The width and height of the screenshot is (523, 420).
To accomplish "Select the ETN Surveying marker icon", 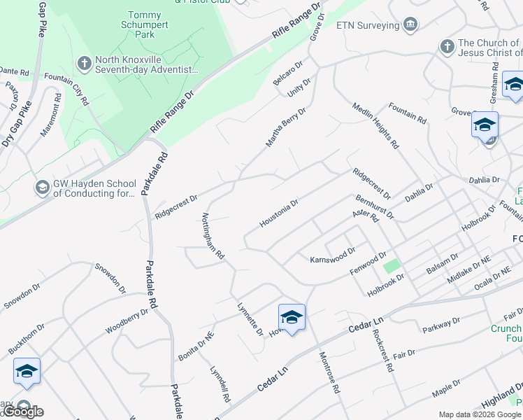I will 410,25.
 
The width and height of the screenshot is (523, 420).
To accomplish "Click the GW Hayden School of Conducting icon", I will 42,188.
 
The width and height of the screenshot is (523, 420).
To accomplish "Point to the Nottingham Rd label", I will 213,237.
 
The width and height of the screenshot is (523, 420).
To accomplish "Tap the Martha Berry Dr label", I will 285,127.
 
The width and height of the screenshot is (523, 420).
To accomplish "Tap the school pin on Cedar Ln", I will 292,317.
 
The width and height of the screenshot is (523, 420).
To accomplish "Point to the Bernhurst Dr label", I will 374,206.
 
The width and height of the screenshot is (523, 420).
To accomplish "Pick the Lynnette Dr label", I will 249,318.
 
